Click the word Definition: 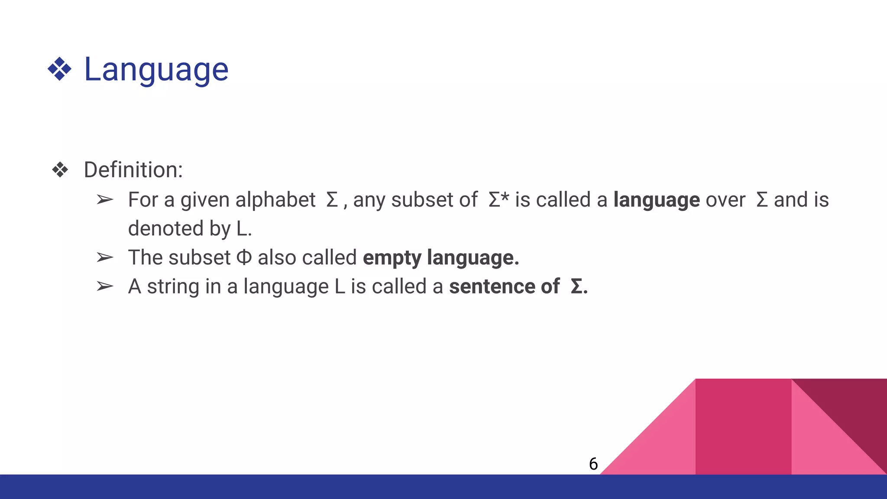[133, 169]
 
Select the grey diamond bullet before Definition [60, 169]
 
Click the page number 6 [593, 464]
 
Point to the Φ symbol [244, 257]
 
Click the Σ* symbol [498, 200]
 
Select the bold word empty [392, 258]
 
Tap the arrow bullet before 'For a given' [104, 200]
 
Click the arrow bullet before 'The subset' [104, 257]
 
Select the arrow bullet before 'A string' [104, 286]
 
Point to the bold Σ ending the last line [576, 286]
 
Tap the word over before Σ [725, 200]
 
